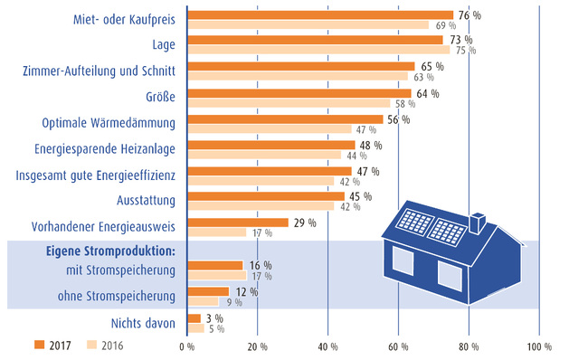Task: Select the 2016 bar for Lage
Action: [x=318, y=51]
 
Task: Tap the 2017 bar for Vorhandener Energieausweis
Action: [x=237, y=223]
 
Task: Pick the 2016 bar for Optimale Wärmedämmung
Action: [x=270, y=128]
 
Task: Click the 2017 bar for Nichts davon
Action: [x=193, y=318]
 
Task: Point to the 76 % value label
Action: [x=469, y=14]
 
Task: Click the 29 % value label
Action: [x=304, y=223]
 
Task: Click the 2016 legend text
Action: [x=112, y=345]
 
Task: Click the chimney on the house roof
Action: [x=477, y=221]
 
